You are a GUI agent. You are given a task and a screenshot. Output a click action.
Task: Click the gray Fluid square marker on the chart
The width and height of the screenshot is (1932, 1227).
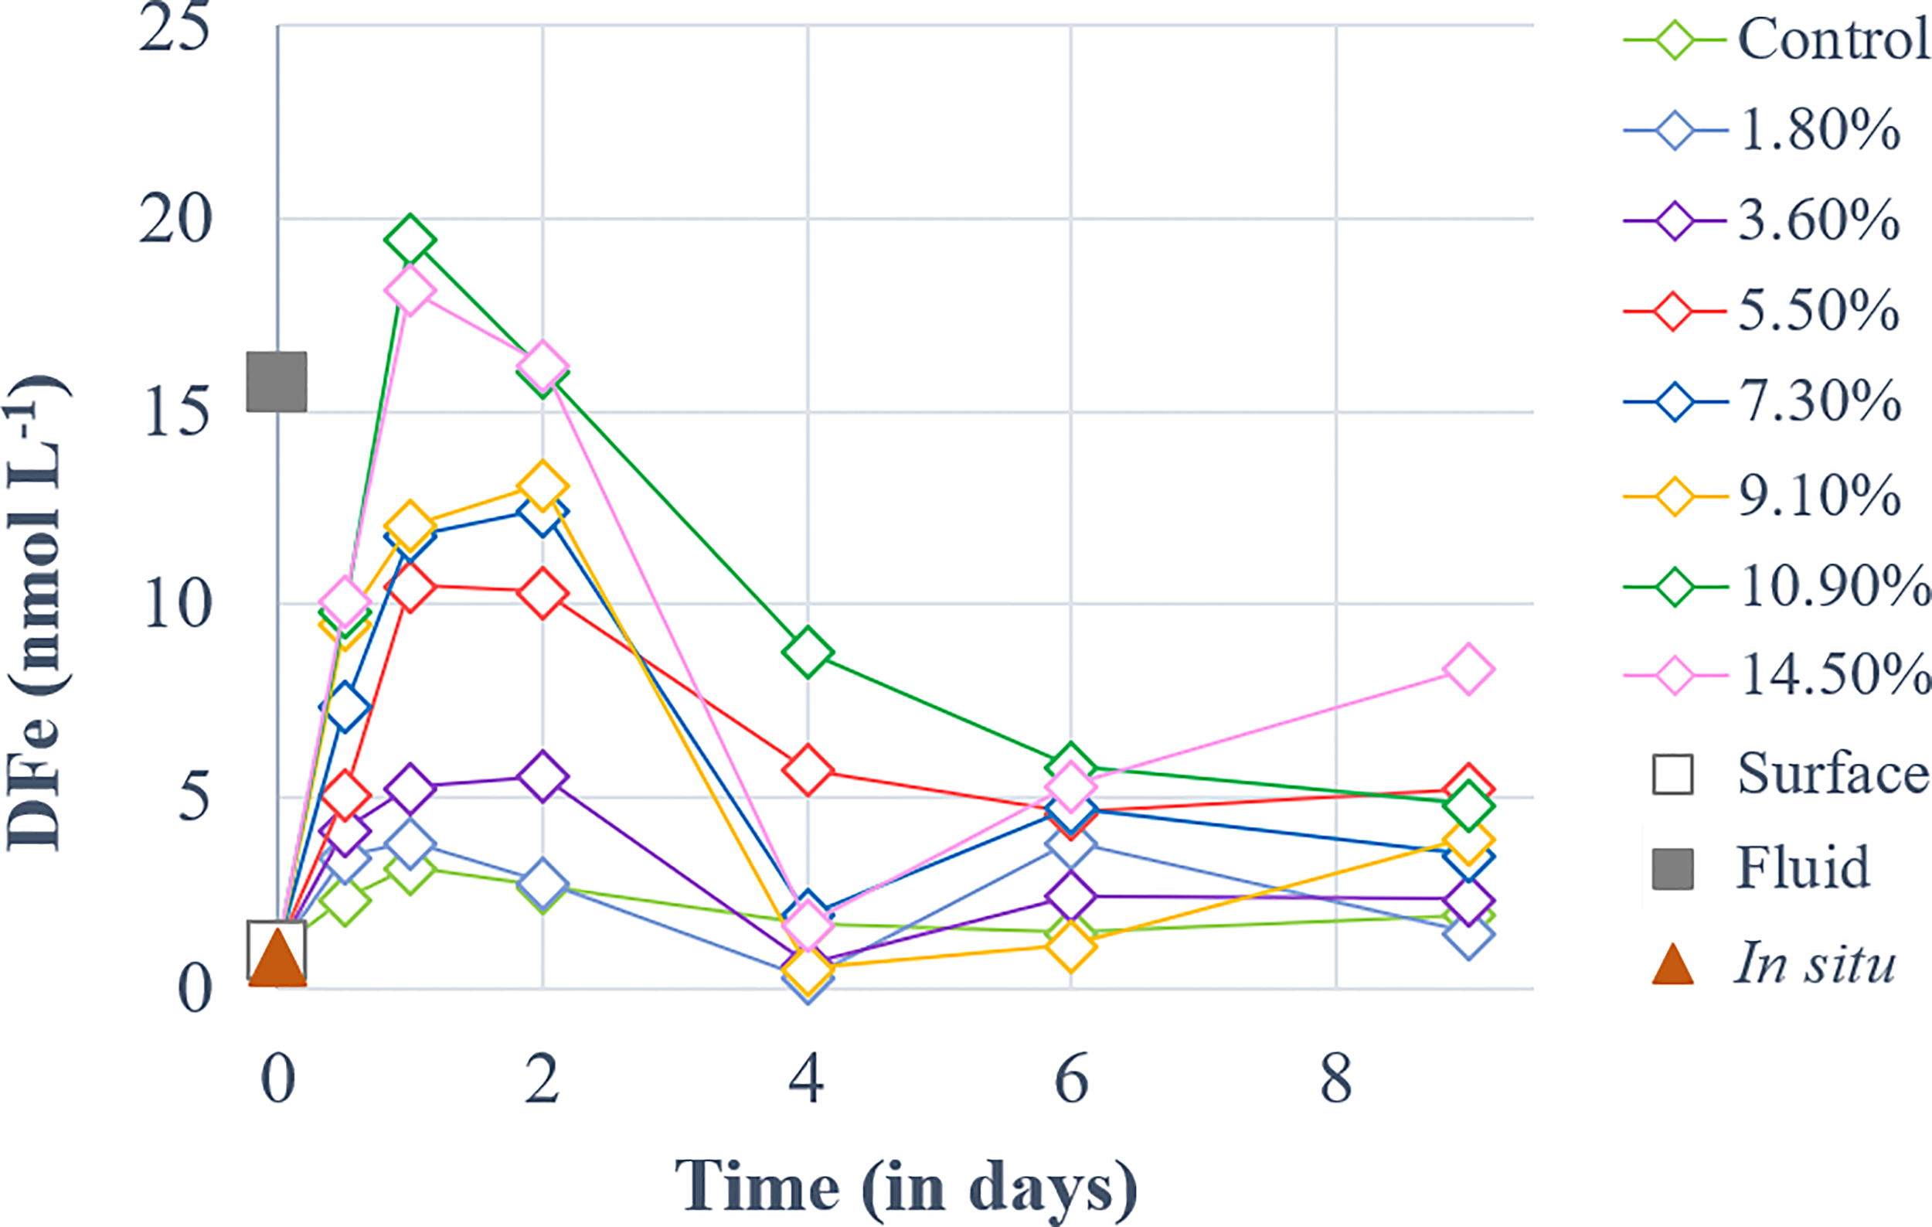(x=276, y=382)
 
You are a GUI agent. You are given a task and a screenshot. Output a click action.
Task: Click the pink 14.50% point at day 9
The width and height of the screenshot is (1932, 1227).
(x=1468, y=669)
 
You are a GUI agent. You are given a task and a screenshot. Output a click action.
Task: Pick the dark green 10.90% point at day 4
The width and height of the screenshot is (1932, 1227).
(x=807, y=653)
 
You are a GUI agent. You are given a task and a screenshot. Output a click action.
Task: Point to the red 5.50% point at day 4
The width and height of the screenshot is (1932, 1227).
(x=807, y=769)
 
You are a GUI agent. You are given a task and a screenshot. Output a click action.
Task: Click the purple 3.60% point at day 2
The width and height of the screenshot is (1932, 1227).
(x=543, y=776)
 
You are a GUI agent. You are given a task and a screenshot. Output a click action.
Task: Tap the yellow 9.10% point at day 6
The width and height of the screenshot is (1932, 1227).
(x=1071, y=946)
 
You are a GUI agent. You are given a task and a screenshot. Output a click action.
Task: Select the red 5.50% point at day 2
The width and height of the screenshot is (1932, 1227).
(x=543, y=593)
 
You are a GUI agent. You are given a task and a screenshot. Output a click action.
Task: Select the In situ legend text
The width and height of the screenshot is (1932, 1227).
(x=1815, y=963)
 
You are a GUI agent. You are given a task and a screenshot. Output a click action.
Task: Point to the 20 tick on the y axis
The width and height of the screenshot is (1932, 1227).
(x=175, y=219)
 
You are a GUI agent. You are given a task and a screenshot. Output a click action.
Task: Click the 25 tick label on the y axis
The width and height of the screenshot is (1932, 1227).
(x=175, y=28)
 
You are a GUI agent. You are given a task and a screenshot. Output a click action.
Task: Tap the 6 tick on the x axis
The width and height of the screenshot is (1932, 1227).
(x=1071, y=1080)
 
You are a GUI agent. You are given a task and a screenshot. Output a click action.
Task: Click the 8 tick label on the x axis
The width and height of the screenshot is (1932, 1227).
(x=1336, y=1080)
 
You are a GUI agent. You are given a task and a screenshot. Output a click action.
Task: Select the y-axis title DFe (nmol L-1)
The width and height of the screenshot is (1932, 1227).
(x=36, y=610)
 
